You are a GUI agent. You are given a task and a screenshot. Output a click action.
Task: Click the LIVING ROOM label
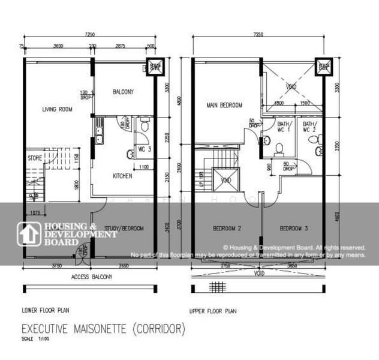click(x=57, y=109)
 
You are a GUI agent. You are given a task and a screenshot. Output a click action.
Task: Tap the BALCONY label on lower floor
click(x=123, y=92)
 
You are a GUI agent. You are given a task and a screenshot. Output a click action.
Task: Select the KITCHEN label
click(x=122, y=176)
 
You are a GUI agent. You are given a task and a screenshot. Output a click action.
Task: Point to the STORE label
click(x=34, y=158)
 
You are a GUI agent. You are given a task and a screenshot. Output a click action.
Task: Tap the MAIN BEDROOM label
click(x=224, y=105)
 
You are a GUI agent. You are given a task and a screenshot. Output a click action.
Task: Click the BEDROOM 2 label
click(x=227, y=228)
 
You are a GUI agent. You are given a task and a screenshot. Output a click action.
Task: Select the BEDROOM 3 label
click(x=294, y=228)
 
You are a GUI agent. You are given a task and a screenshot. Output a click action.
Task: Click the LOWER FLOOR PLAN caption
click(x=45, y=310)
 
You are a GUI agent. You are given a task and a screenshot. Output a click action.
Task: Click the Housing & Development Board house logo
click(x=27, y=234)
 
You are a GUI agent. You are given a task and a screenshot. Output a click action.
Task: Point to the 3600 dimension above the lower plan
click(x=58, y=46)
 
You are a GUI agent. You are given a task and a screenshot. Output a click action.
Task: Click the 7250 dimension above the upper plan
click(x=259, y=35)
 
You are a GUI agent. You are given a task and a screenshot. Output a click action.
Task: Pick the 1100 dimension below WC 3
click(x=144, y=166)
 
